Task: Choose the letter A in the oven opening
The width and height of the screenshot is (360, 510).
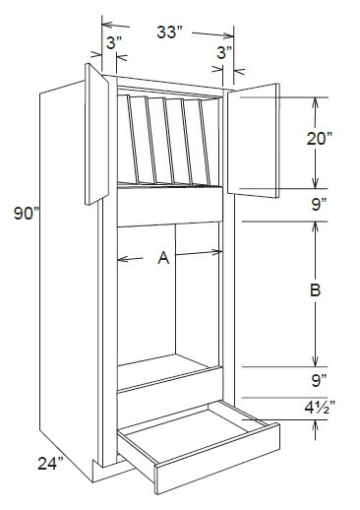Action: pos(163,258)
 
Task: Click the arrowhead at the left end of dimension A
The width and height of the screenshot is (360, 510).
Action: pos(120,258)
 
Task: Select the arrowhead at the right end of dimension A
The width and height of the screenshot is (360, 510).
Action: pos(218,254)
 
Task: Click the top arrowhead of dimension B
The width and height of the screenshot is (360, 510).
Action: pos(315,224)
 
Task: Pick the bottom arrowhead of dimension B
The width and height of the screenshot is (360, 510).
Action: pos(315,361)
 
